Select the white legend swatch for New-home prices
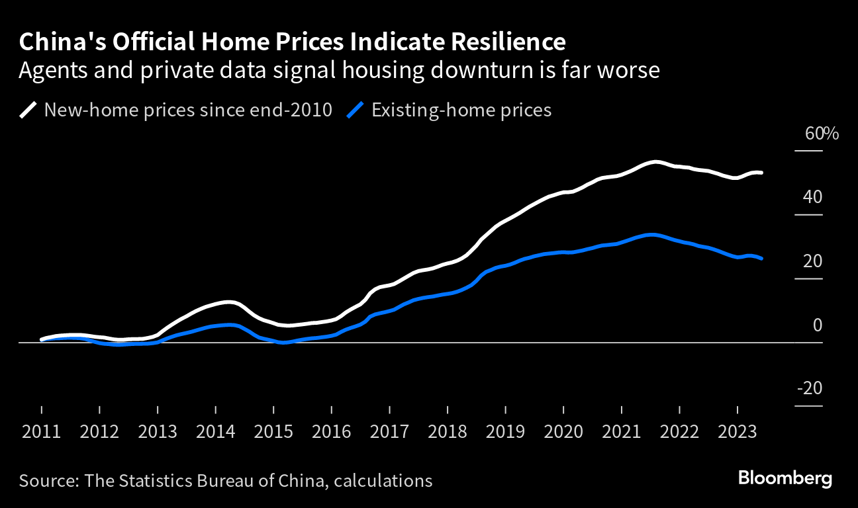tap(28, 110)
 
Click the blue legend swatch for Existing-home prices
tap(356, 110)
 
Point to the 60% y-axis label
tap(822, 134)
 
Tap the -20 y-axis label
tap(810, 388)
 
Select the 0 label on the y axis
tap(817, 325)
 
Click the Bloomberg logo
tap(785, 478)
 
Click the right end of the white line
tap(762, 173)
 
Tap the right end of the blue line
tap(762, 259)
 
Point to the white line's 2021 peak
tap(655, 161)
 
